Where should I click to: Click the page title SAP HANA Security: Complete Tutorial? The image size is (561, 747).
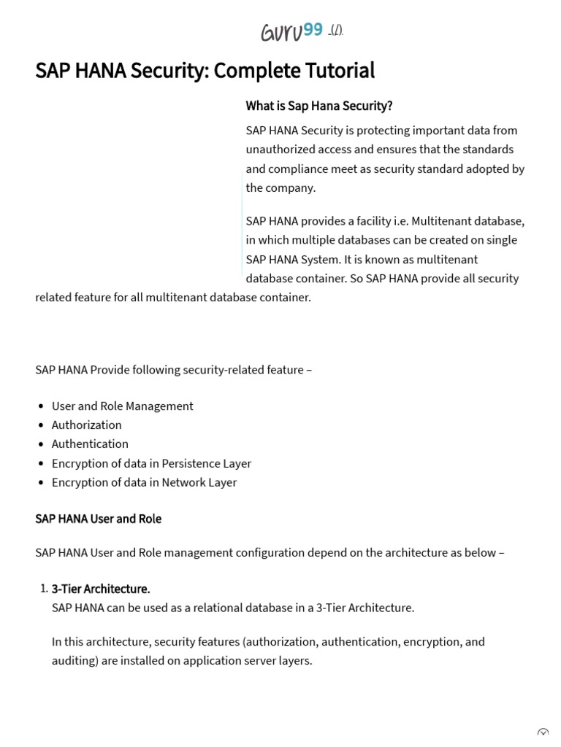(205, 71)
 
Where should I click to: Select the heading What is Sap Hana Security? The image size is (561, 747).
(319, 106)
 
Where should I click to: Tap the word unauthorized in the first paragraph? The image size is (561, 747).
(281, 150)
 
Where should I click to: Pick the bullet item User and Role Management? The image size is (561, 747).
(122, 406)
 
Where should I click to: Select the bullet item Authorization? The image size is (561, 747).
(86, 425)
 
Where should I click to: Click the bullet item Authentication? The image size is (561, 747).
(90, 444)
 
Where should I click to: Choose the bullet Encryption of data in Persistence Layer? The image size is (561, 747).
(151, 463)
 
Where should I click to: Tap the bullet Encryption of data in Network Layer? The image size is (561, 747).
(144, 482)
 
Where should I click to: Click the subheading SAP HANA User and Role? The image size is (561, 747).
(98, 519)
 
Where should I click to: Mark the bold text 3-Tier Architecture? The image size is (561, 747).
(101, 589)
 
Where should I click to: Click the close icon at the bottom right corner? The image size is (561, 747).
(543, 734)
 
